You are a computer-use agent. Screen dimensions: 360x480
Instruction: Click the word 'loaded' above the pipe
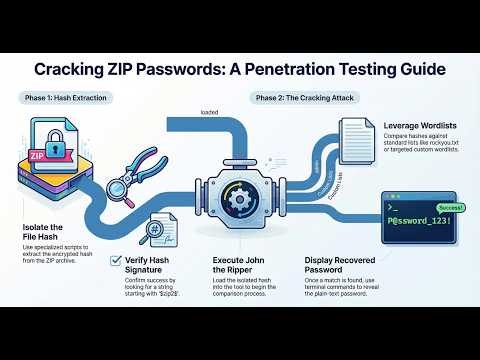[209, 112]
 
